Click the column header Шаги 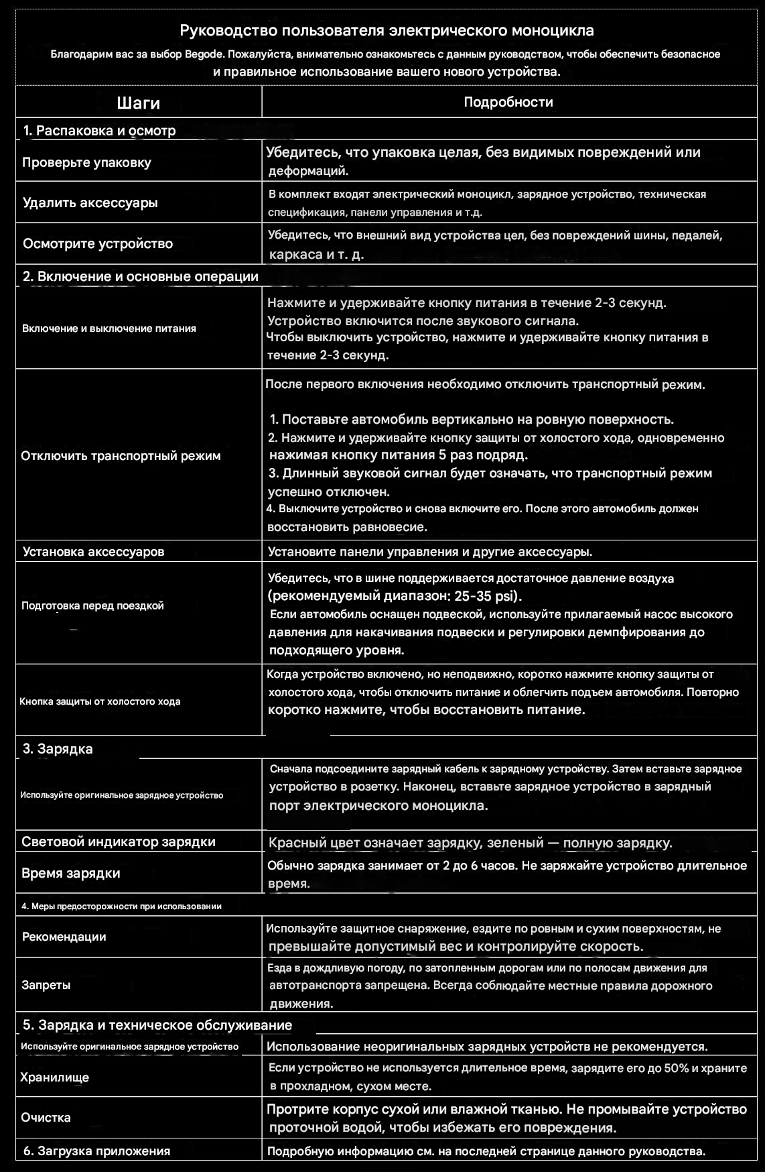[138, 103]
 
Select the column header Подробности [508, 102]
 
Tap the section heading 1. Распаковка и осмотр [99, 131]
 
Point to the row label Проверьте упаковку [86, 162]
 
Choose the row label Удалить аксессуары [90, 202]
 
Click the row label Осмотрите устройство [98, 243]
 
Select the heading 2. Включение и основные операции [141, 276]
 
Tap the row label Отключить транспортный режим [121, 456]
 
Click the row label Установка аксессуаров [93, 552]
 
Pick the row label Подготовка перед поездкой [92, 605]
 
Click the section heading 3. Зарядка [58, 749]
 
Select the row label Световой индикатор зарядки [119, 841]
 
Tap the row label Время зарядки [71, 873]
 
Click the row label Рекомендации [64, 937]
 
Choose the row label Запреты [46, 985]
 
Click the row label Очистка [46, 1118]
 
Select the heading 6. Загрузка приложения [96, 1151]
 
